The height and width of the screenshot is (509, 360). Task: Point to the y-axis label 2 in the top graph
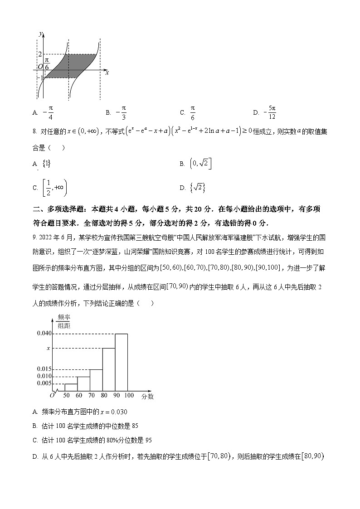pyautogui.click(x=40, y=54)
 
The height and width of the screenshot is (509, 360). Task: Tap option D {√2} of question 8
pyautogui.click(x=200, y=187)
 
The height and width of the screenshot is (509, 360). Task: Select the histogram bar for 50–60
pyautogui.click(x=71, y=387)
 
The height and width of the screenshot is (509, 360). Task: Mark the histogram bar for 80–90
pyautogui.click(x=108, y=369)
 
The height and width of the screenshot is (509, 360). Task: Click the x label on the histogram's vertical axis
pyautogui.click(x=49, y=348)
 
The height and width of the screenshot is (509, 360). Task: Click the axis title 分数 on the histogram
pyautogui.click(x=147, y=397)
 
